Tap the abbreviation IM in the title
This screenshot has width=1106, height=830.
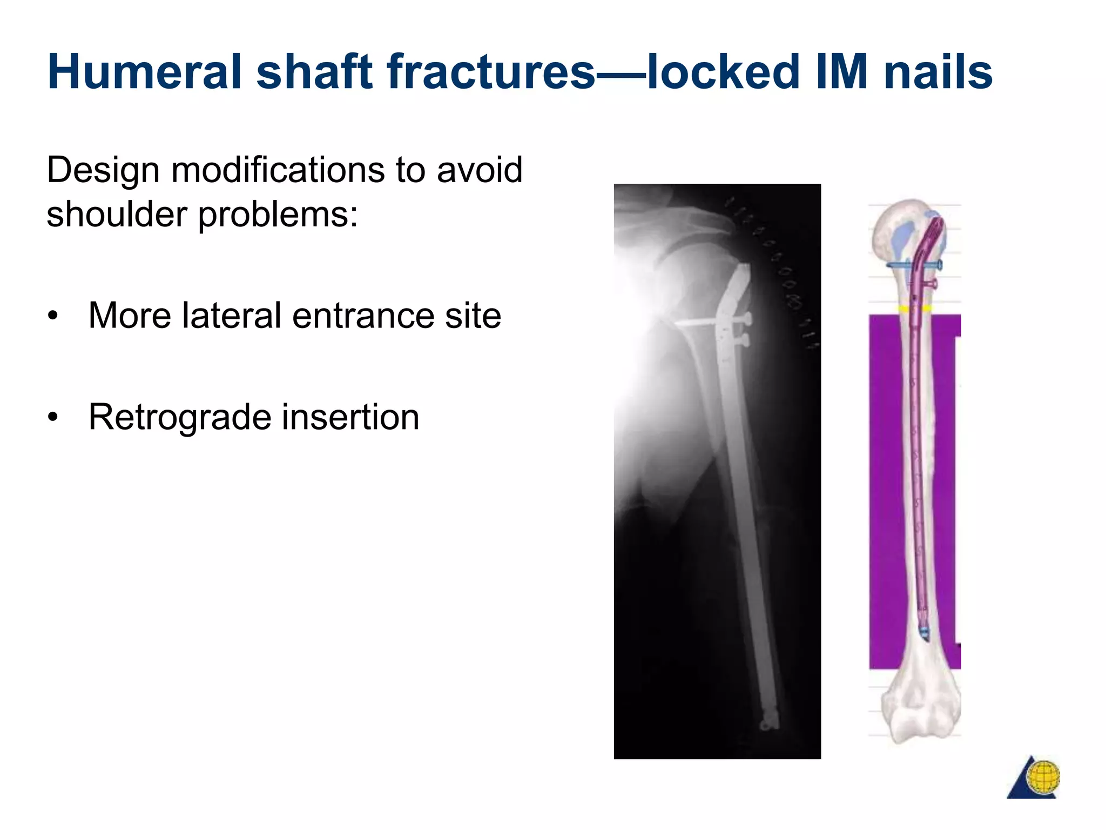pyautogui.click(x=841, y=72)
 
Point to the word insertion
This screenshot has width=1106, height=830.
pyautogui.click(x=350, y=417)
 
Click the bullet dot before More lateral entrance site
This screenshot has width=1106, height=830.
pyautogui.click(x=52, y=316)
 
